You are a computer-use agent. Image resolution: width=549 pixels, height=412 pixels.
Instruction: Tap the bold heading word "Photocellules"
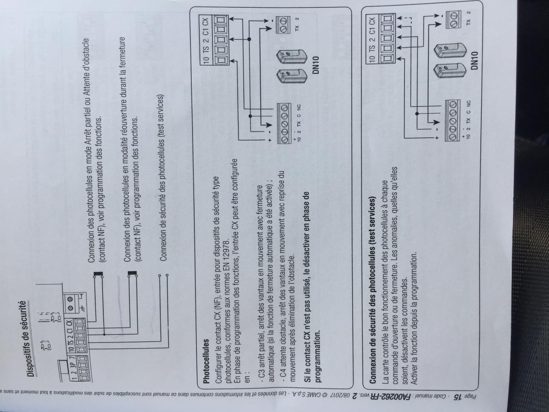(x=207, y=361)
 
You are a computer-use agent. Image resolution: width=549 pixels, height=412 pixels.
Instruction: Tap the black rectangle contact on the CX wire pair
(x=98, y=273)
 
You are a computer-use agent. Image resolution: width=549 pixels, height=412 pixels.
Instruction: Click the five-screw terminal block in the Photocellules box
(x=285, y=124)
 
